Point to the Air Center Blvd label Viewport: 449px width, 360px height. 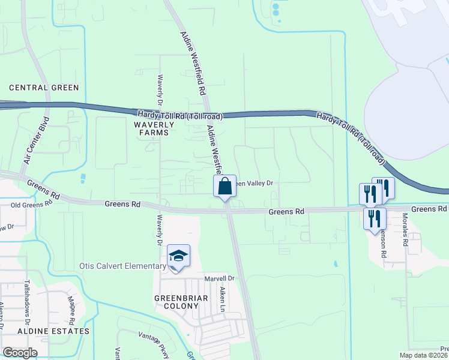point(35,140)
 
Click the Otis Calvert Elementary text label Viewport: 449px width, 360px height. point(122,266)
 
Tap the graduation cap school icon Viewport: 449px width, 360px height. point(178,256)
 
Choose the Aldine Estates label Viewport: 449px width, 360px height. point(53,331)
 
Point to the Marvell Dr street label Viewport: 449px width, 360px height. point(218,278)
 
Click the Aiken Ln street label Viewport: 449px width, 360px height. point(222,298)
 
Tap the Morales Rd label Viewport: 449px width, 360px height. point(405,230)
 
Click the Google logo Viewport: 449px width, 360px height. point(20,353)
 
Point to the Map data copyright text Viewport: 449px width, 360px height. point(424,355)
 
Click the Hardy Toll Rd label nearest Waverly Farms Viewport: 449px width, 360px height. point(180,115)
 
